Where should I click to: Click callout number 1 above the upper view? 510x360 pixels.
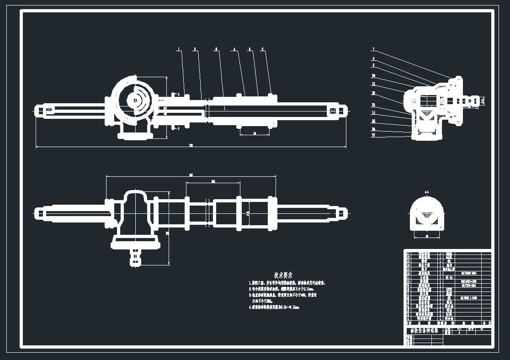pyautogui.click(x=179, y=48)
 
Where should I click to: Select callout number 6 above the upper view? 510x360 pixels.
pyautogui.click(x=262, y=48)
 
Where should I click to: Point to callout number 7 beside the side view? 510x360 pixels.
pyautogui.click(x=373, y=49)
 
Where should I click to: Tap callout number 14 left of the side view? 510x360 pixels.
pyautogui.click(x=373, y=112)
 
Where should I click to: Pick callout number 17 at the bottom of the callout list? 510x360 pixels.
pyautogui.click(x=373, y=135)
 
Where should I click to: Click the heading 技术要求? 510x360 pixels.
pyautogui.click(x=283, y=275)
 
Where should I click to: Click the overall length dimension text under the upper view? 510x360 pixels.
pyautogui.click(x=191, y=146)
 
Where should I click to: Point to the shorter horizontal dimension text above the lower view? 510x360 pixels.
pyautogui.click(x=213, y=181)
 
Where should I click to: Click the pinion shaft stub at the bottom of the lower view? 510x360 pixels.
pyautogui.click(x=136, y=257)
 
